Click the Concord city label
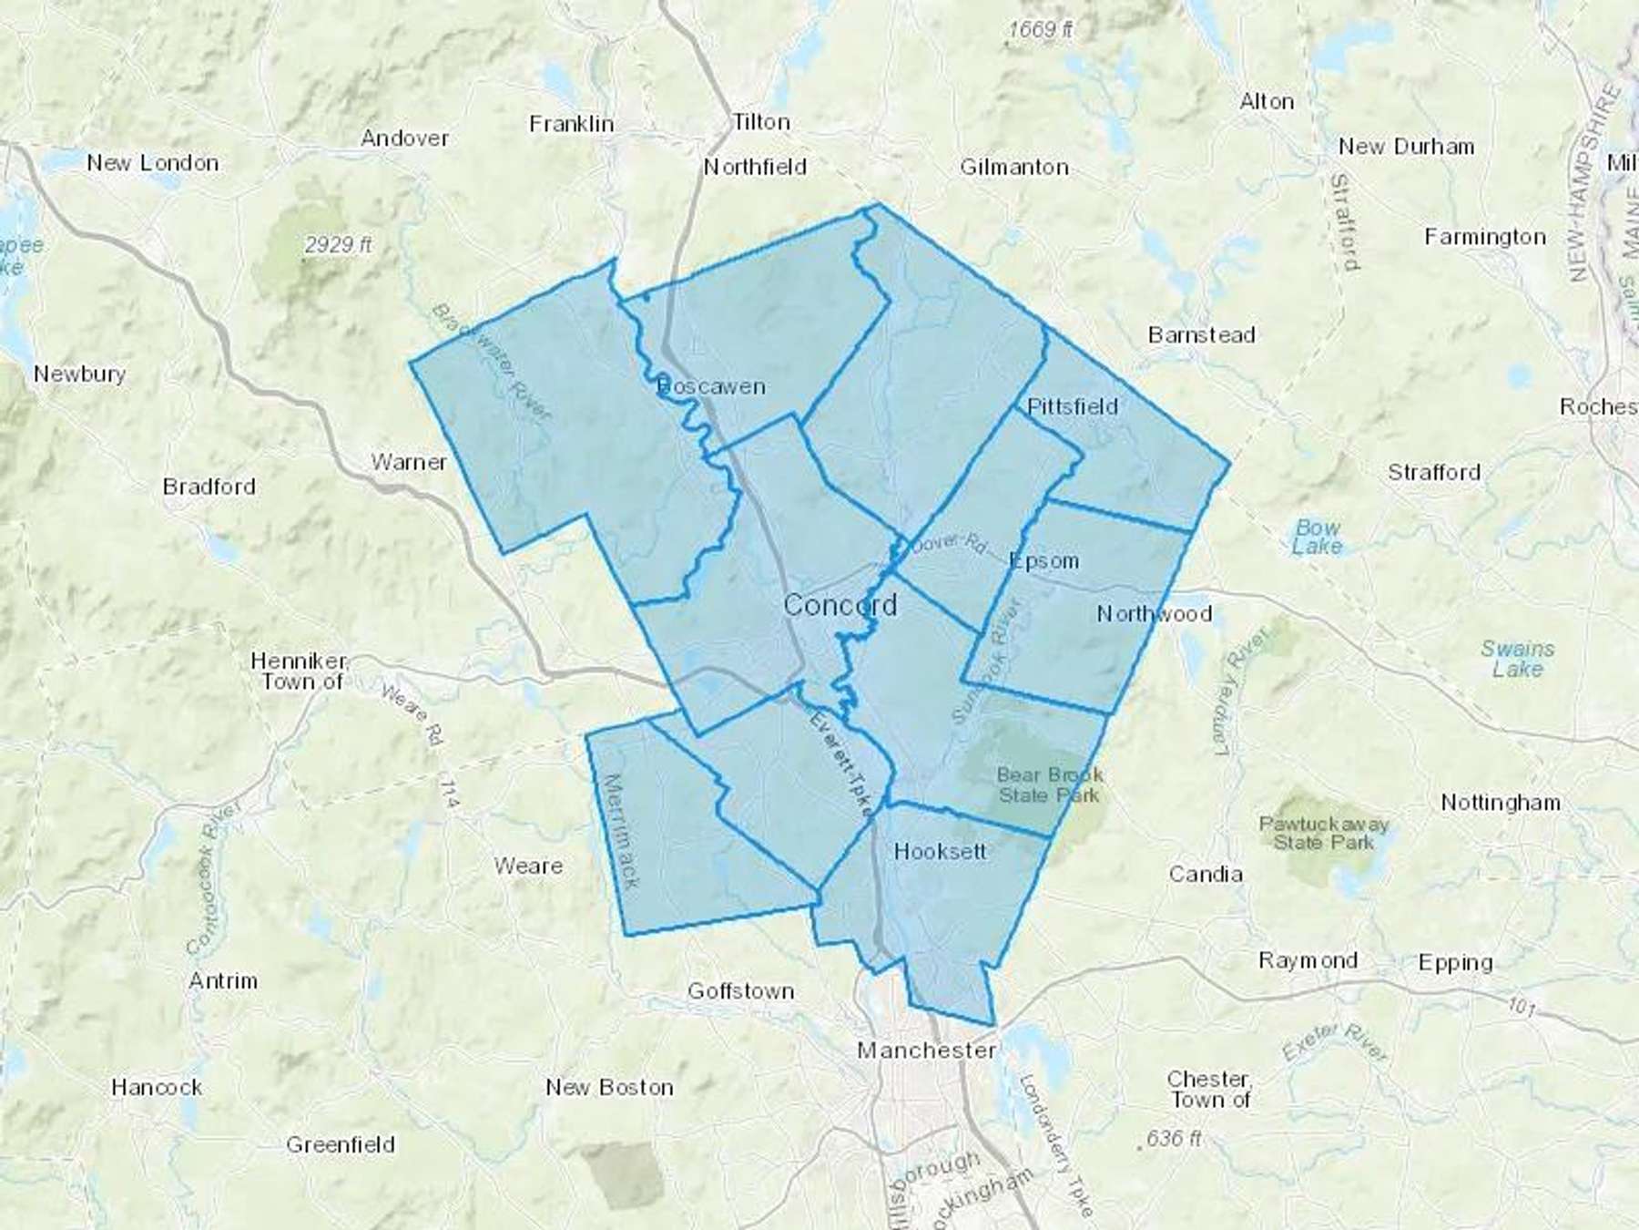point(840,605)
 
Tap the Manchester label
point(926,1051)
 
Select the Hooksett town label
point(940,852)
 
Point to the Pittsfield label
point(1072,406)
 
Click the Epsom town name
point(1044,561)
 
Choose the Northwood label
point(1154,614)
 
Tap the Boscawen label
point(711,387)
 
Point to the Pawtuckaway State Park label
point(1323,833)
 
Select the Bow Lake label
point(1318,537)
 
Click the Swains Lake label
point(1517,659)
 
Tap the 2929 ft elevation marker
point(339,245)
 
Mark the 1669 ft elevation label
point(1040,29)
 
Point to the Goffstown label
point(740,991)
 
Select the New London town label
point(152,163)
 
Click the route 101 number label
point(1522,1008)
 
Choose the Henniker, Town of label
point(300,671)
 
